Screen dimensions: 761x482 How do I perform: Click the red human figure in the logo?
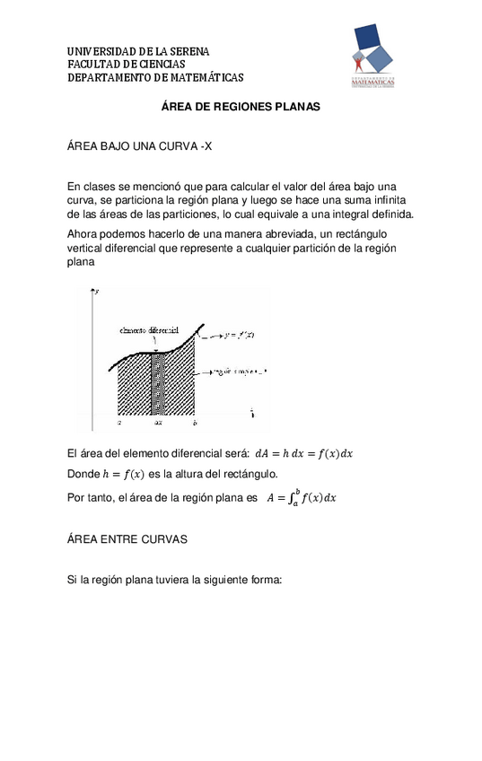point(360,64)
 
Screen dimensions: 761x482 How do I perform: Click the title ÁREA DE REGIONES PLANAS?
point(240,106)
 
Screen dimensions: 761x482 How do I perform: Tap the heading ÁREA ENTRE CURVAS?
point(127,539)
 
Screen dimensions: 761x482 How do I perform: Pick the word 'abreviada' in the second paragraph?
point(283,233)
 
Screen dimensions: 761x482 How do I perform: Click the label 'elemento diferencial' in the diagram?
point(148,330)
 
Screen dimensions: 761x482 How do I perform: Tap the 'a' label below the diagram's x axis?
point(119,420)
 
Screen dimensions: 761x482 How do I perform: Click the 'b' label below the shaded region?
point(195,420)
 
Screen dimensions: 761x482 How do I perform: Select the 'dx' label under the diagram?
point(157,420)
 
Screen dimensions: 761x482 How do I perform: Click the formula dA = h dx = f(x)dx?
point(304,453)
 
